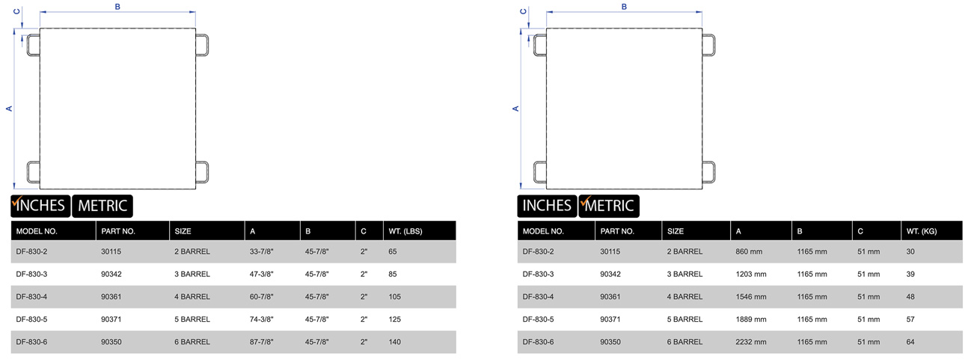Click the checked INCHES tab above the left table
pos(40,206)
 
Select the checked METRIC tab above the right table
pos(609,206)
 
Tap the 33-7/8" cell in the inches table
pos(261,251)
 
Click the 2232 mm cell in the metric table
pos(751,342)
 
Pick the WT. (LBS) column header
pos(405,231)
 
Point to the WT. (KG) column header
pos(922,231)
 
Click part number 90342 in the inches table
pos(111,274)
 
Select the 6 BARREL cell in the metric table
pos(684,342)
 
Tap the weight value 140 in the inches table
pos(394,342)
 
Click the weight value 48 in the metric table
pos(910,296)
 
